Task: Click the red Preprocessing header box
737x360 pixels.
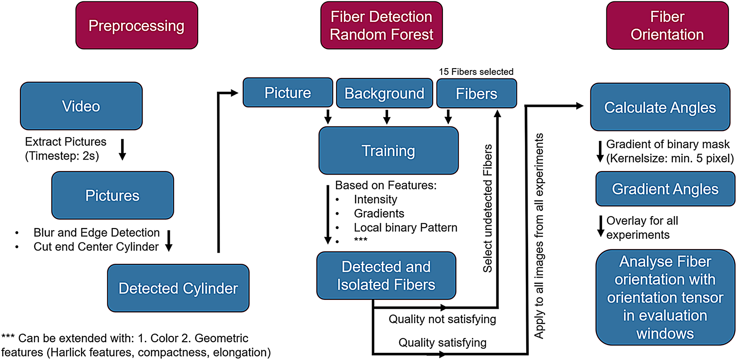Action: pyautogui.click(x=136, y=25)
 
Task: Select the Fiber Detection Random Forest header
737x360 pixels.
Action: pyautogui.click(x=381, y=25)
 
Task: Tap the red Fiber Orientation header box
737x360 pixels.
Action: pyautogui.click(x=667, y=25)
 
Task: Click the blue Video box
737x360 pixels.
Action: pyautogui.click(x=81, y=106)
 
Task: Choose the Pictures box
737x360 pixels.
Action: pyautogui.click(x=112, y=196)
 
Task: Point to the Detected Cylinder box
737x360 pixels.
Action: pyautogui.click(x=178, y=288)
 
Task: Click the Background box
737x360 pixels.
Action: pyautogui.click(x=384, y=94)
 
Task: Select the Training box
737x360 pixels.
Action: pyautogui.click(x=388, y=151)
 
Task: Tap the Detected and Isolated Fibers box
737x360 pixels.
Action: pyautogui.click(x=386, y=276)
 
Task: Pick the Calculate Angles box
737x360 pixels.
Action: pyautogui.click(x=660, y=107)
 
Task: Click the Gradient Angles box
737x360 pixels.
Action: pyautogui.click(x=665, y=189)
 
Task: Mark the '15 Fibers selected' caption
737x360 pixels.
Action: pyautogui.click(x=476, y=72)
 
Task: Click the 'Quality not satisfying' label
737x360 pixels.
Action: pyautogui.click(x=442, y=319)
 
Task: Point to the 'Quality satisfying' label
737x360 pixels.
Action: pyautogui.click(x=442, y=343)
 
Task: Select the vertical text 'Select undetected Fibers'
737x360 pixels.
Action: pyautogui.click(x=488, y=208)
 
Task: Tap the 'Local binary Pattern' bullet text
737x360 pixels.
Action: pyautogui.click(x=405, y=228)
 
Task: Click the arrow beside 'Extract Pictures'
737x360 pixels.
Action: pyautogui.click(x=123, y=150)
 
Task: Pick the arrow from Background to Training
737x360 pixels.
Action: pyautogui.click(x=387, y=117)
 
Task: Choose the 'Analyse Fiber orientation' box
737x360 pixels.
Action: pyautogui.click(x=665, y=297)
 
